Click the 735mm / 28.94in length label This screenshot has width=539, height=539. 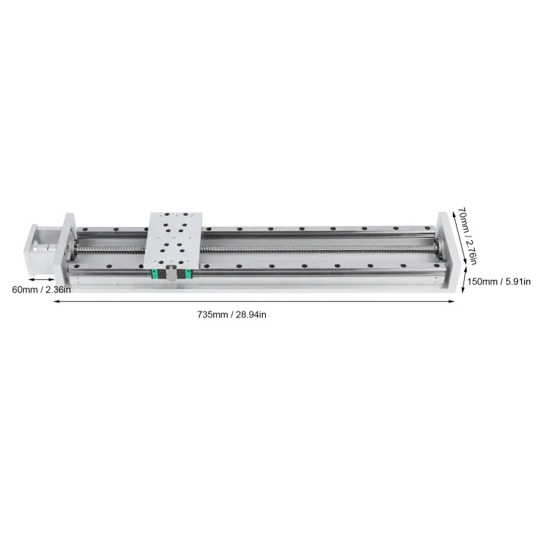point(231,314)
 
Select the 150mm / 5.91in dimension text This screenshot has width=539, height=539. point(499,281)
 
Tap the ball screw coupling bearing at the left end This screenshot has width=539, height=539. point(73,247)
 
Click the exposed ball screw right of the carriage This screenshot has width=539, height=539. point(314,248)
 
